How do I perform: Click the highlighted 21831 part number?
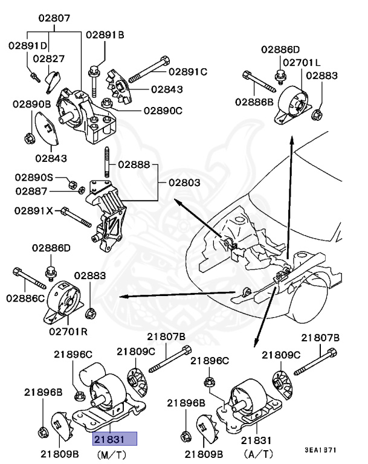point(114,439)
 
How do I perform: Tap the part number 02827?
point(49,59)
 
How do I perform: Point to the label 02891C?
point(187,71)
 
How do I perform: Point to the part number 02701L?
point(302,62)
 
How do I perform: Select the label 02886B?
point(254,101)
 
